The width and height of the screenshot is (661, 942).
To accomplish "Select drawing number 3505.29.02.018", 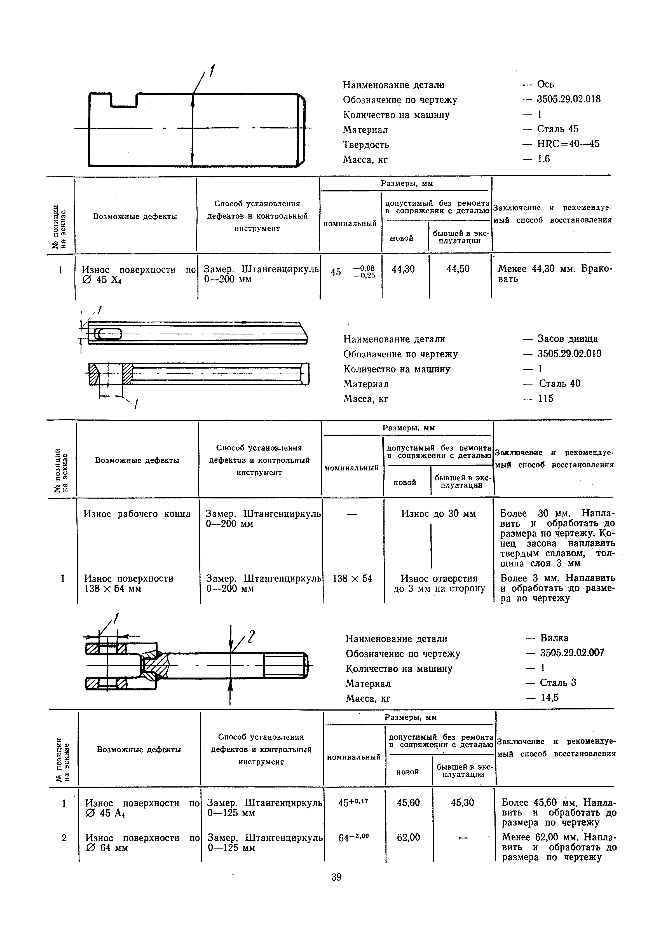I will point(569,99).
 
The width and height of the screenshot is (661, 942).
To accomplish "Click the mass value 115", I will point(546,399).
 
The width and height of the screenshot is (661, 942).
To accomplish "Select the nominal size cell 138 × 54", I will point(352,578).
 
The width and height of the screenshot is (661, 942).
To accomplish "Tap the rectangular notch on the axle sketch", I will point(123,100).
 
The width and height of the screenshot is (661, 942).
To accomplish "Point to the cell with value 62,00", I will point(408,837).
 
